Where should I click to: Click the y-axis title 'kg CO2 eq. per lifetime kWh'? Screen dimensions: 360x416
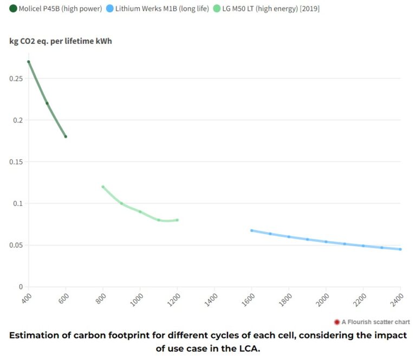(61, 41)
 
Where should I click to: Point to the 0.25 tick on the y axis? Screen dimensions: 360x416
(16, 79)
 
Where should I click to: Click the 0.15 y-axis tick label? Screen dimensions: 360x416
(16, 162)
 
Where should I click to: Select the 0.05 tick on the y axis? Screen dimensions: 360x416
(16, 245)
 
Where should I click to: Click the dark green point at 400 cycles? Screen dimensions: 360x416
(29, 62)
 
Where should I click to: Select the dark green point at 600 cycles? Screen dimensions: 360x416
(66, 137)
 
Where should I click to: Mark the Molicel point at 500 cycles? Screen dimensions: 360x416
(47, 103)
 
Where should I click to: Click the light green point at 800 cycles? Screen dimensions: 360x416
(103, 187)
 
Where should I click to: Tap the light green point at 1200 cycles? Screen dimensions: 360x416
(177, 220)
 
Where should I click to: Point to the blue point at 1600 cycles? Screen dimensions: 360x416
(251, 230)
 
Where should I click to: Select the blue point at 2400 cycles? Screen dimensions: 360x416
(400, 249)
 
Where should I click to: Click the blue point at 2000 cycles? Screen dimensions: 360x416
(326, 242)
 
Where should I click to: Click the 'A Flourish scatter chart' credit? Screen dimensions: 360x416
(372, 322)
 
